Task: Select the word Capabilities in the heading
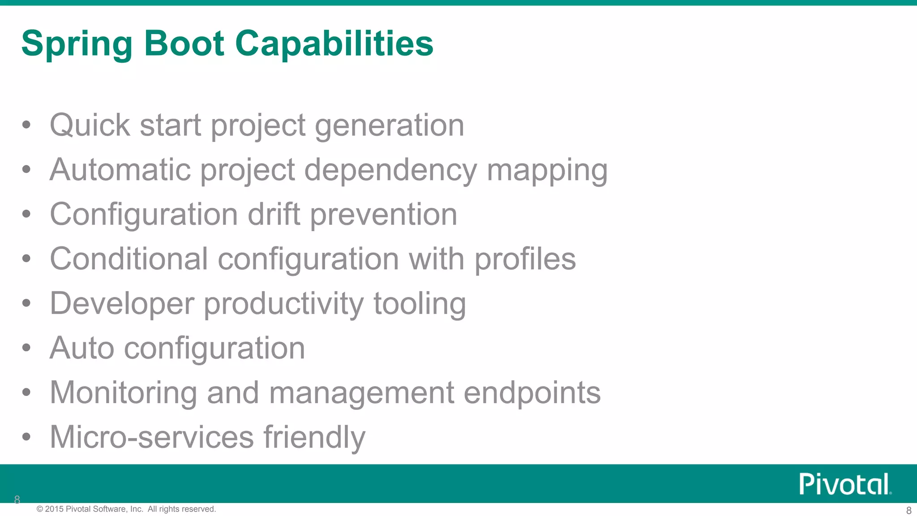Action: tap(334, 44)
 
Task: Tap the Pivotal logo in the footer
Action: tap(845, 484)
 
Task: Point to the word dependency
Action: tap(390, 170)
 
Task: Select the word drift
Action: tap(274, 214)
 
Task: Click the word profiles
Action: tap(525, 259)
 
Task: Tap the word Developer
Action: tap(122, 304)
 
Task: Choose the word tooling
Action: tap(420, 304)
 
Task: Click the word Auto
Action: tap(82, 348)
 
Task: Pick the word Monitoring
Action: tap(123, 392)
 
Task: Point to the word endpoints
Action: tap(532, 392)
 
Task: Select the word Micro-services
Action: tap(152, 437)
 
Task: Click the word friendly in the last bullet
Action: tap(314, 437)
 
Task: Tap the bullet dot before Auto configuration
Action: tap(26, 348)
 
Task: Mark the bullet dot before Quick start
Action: tap(26, 125)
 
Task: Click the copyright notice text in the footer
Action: tap(126, 509)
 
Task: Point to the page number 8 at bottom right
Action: tap(908, 510)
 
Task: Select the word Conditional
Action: tap(129, 259)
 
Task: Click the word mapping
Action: tap(547, 170)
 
